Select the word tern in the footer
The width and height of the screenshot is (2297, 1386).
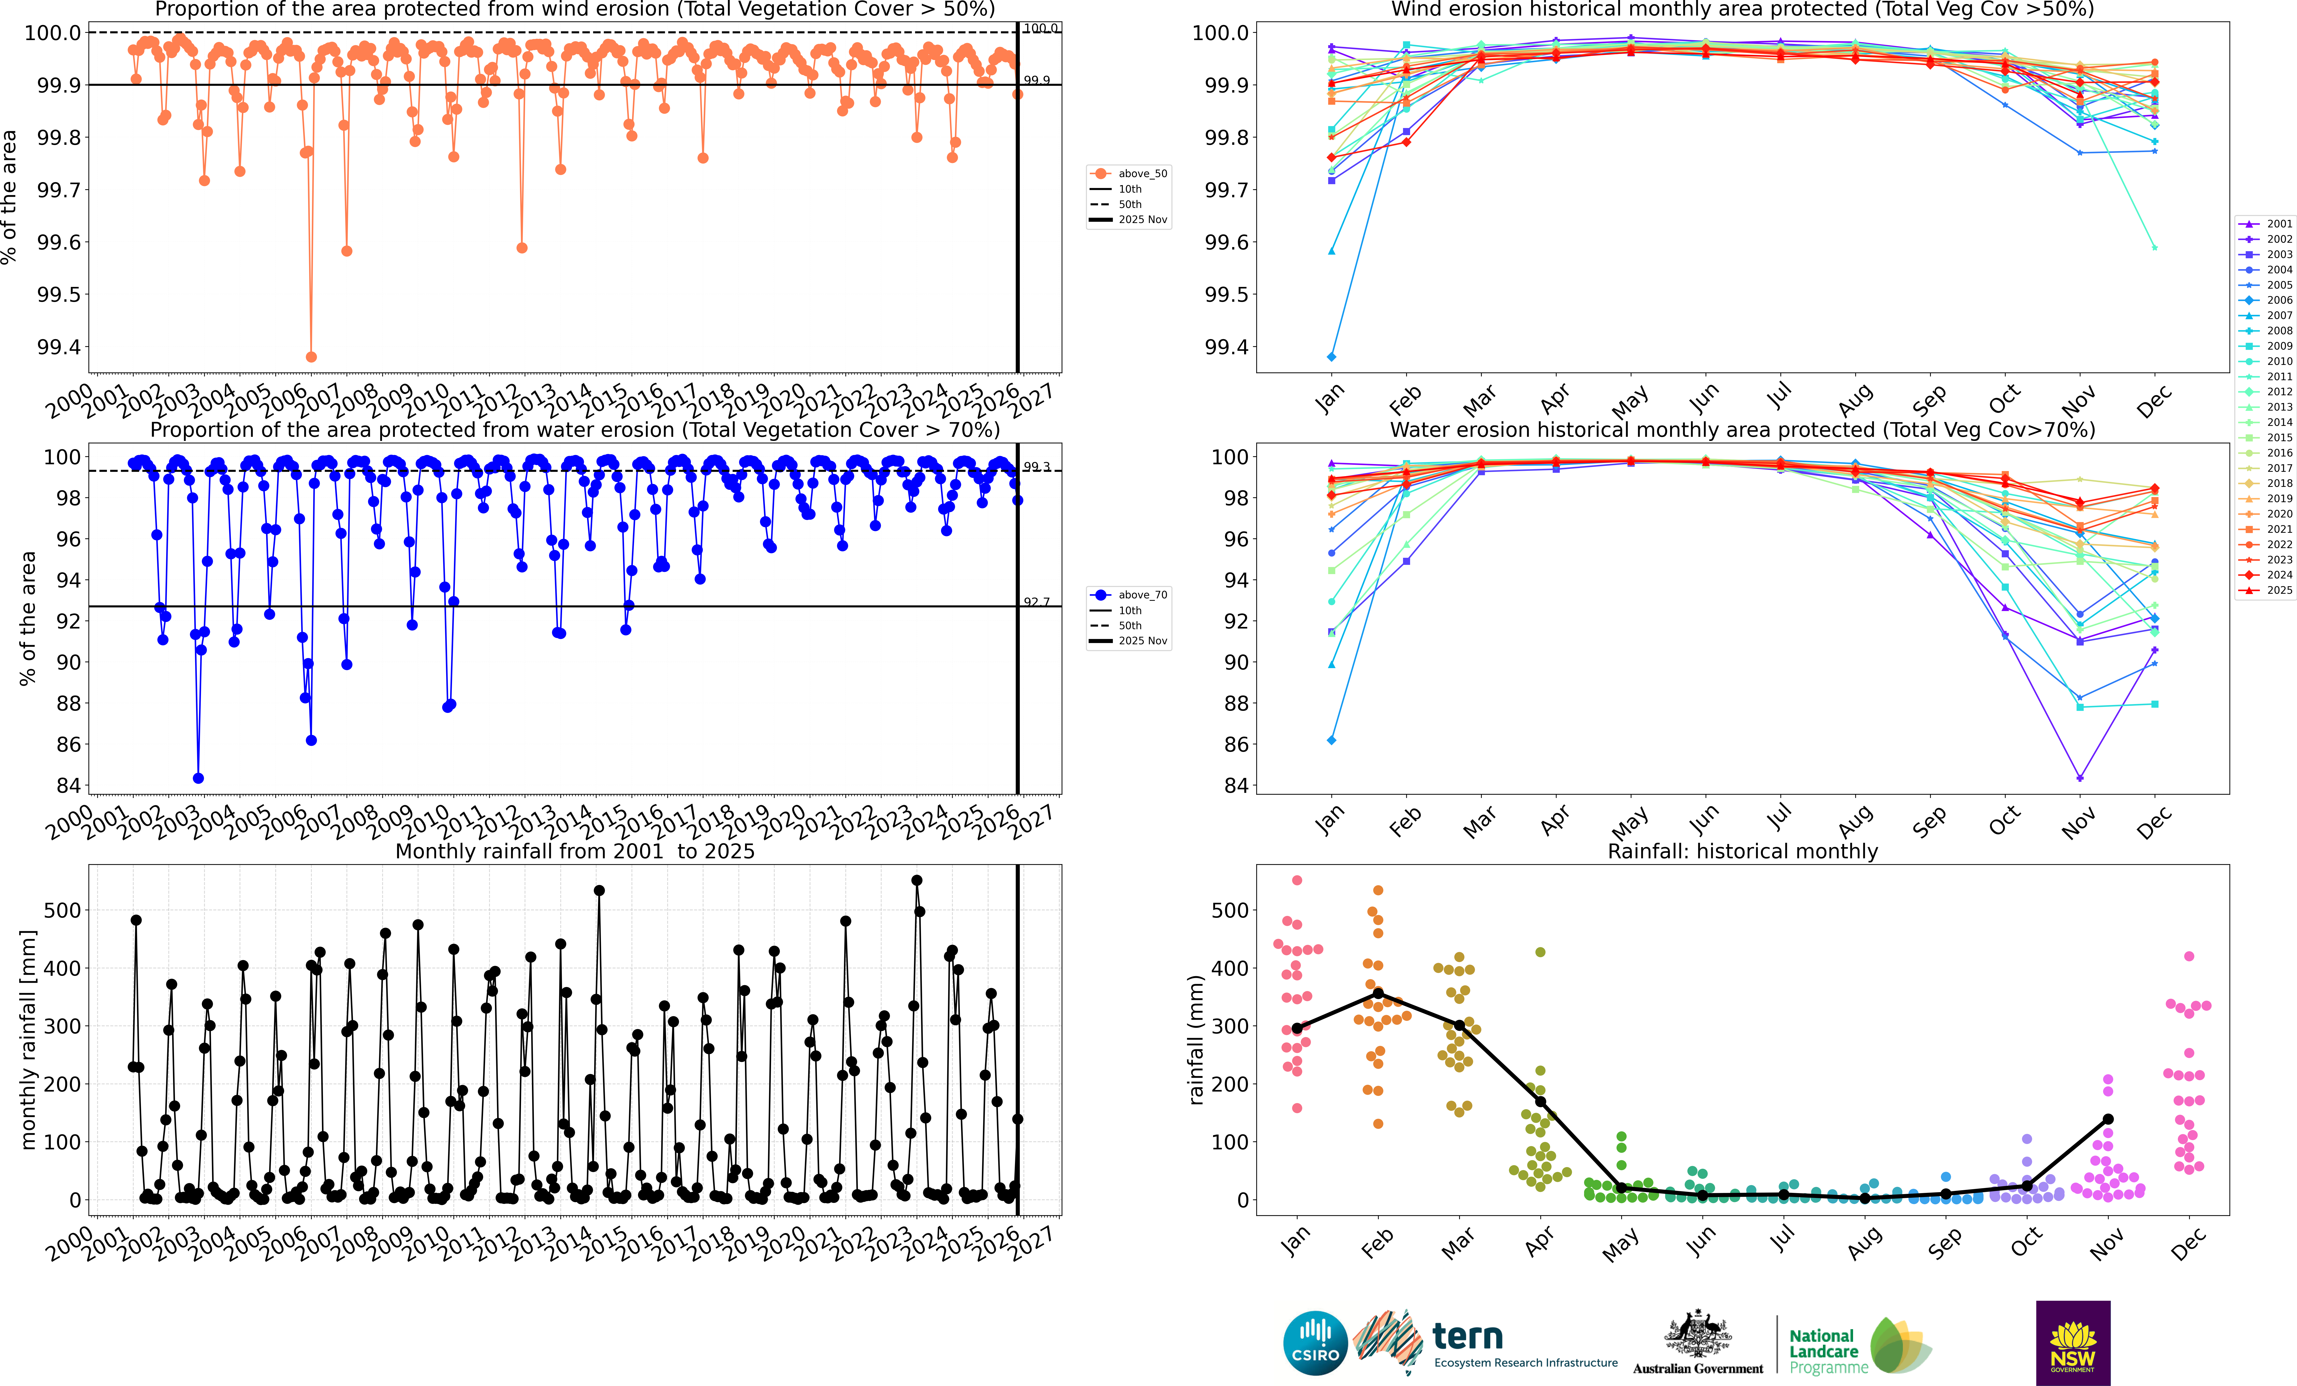[1467, 1336]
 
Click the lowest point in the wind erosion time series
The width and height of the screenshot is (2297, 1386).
[311, 357]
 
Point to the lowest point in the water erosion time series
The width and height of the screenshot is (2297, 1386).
[198, 778]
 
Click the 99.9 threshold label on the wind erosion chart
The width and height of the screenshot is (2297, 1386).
[1037, 80]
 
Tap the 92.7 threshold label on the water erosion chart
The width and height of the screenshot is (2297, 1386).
[1037, 602]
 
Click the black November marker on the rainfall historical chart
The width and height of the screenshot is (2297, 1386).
[2108, 1119]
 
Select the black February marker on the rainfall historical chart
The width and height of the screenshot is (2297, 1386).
[1378, 994]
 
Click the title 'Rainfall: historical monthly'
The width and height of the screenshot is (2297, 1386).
[1742, 851]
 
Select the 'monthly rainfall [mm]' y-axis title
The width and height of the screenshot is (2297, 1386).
[29, 1039]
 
